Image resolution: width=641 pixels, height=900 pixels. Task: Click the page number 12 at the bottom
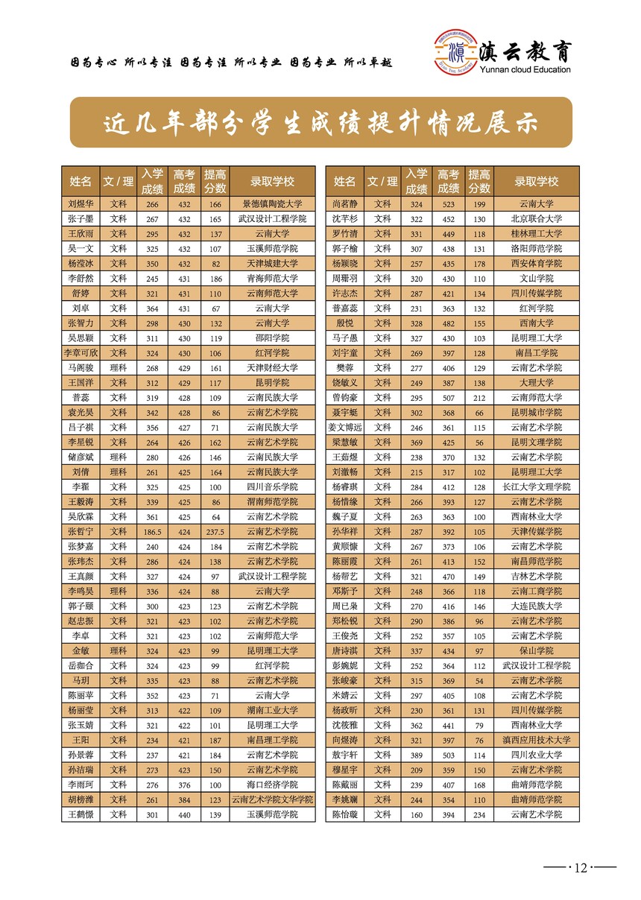point(580,867)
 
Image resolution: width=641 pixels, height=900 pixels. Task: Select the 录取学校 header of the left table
point(272,182)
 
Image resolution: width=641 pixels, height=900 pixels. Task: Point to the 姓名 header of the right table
point(344,182)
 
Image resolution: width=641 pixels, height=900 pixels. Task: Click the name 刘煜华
point(80,204)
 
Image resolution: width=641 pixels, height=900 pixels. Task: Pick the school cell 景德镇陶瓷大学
point(272,204)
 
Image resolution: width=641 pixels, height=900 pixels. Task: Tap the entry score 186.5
point(152,532)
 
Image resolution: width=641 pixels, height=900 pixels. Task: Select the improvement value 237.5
point(215,532)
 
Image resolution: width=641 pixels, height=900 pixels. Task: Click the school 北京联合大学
point(536,219)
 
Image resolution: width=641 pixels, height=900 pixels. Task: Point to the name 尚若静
point(344,204)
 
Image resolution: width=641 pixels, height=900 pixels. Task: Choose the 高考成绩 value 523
point(448,204)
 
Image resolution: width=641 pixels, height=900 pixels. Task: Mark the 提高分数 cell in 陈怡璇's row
point(479,815)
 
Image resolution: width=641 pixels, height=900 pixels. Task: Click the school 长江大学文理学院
point(536,487)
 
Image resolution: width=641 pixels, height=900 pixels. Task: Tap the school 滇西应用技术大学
point(536,741)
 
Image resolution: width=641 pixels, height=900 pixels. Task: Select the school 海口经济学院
point(272,785)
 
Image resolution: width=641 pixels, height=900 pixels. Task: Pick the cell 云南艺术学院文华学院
point(272,800)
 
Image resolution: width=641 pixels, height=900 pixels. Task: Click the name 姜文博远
point(344,428)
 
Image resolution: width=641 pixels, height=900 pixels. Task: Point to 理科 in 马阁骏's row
point(118,368)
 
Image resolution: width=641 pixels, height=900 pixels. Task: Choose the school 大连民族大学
point(536,606)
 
